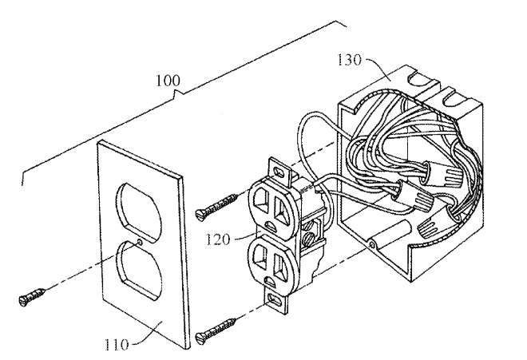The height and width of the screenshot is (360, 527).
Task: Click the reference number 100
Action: click(x=168, y=81)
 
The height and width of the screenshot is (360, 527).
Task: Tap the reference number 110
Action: click(x=117, y=345)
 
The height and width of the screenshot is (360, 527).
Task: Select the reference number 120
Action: click(x=218, y=239)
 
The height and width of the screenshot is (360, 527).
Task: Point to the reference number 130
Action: click(x=349, y=60)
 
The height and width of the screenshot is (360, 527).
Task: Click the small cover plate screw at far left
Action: click(x=32, y=297)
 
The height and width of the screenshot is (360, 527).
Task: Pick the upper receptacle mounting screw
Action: click(x=216, y=208)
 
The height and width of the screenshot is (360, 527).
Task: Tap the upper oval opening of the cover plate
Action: click(x=138, y=212)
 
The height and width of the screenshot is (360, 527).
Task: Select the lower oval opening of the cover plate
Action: click(x=139, y=270)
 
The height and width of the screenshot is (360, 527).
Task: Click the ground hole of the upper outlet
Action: click(x=270, y=224)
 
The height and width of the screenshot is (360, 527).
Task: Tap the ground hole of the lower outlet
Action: click(x=270, y=280)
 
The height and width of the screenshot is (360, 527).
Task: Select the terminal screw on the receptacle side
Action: click(x=308, y=239)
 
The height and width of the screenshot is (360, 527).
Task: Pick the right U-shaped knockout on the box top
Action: click(x=453, y=97)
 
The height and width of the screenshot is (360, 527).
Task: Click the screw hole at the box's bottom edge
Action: click(x=371, y=244)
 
